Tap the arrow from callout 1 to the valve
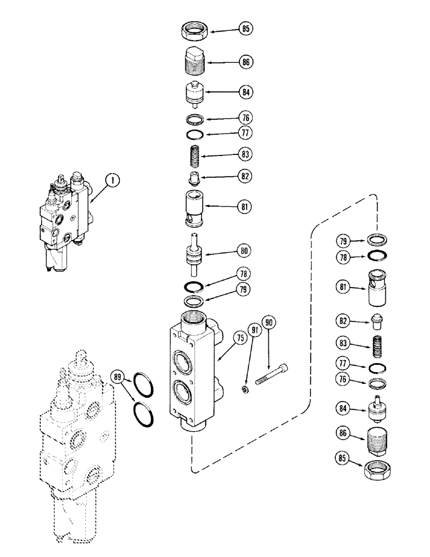tap(98, 189)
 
